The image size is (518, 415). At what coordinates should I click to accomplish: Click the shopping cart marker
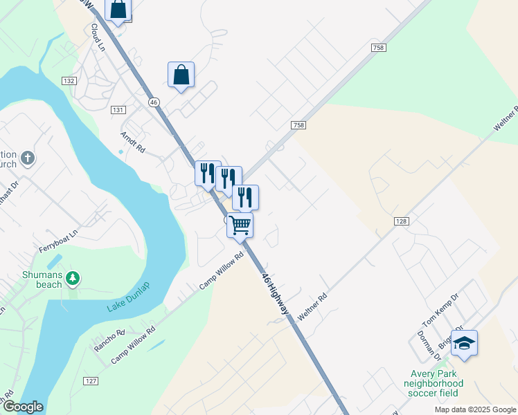point(240,225)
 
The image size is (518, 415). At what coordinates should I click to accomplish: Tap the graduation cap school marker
point(465,343)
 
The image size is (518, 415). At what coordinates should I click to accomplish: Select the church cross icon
point(27,158)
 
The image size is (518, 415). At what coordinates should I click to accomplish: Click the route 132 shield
point(69,81)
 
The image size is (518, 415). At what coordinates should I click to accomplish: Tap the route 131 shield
point(118,110)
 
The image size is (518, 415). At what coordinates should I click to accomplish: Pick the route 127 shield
point(91,381)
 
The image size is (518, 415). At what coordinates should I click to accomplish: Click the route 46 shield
point(154,102)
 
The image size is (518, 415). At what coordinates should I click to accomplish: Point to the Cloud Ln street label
point(97,39)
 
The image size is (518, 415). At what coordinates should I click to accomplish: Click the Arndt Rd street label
point(132,142)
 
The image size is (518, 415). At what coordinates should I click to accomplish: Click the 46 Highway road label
point(275,295)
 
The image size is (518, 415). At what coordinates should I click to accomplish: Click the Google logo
point(22,407)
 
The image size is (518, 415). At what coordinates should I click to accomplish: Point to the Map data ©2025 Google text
point(474,409)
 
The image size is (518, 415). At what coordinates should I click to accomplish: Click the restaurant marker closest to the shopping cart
point(245,196)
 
